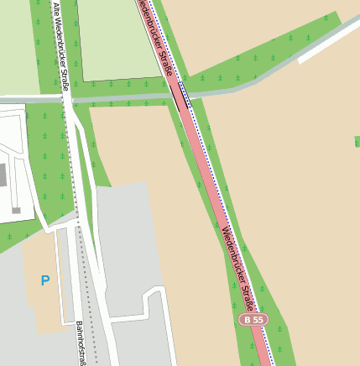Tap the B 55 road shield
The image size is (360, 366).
(252, 320)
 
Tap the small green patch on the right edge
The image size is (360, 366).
(357, 140)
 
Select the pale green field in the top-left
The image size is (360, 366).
(15, 42)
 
